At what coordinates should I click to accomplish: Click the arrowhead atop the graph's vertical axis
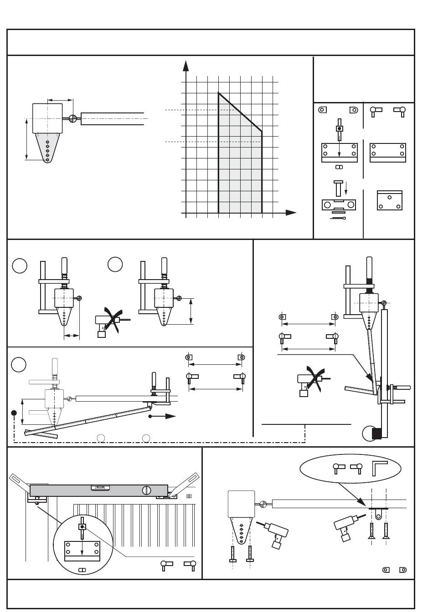click(x=186, y=66)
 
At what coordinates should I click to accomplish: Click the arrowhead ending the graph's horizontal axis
click(x=291, y=213)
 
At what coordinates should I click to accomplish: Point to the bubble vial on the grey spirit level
click(x=100, y=488)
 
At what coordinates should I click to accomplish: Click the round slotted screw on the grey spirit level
click(x=147, y=490)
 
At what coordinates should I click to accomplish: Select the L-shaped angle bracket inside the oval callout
click(x=379, y=468)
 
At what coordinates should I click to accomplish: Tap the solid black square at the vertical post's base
click(x=376, y=433)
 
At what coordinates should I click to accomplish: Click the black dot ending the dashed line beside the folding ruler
click(x=14, y=413)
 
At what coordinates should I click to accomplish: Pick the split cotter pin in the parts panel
click(x=338, y=219)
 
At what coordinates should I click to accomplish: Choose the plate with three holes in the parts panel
click(x=390, y=200)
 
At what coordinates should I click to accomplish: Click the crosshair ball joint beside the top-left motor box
click(x=72, y=118)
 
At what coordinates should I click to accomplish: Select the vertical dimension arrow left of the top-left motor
click(x=26, y=139)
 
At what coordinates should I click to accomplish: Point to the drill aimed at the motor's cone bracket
click(x=273, y=532)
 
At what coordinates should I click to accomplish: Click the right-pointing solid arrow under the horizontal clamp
click(x=164, y=416)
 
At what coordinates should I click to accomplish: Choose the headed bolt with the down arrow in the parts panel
click(x=338, y=187)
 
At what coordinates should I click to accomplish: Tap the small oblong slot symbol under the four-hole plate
click(x=339, y=167)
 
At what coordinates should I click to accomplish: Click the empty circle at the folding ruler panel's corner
click(x=19, y=364)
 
